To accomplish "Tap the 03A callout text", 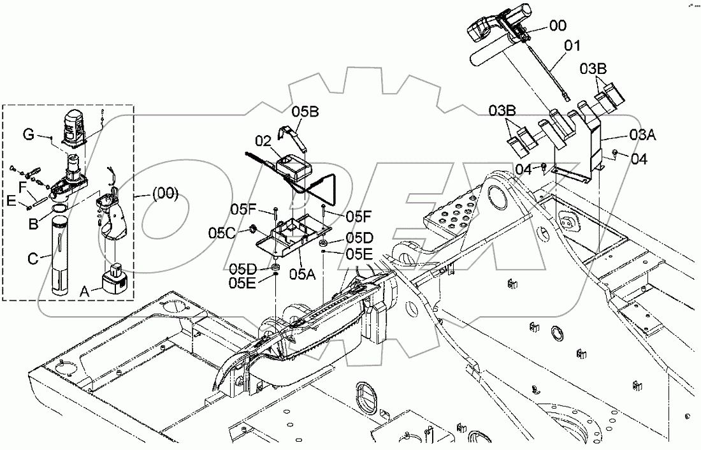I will (643, 134).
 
